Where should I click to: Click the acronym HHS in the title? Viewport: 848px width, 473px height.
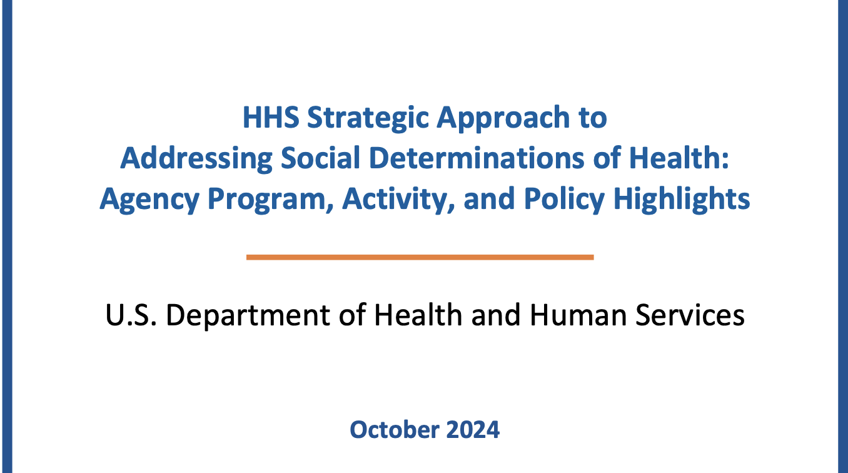271,118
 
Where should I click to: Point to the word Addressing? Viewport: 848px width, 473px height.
196,160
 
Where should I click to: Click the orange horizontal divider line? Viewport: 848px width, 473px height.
420,258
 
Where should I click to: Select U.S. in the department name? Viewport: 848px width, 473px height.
131,315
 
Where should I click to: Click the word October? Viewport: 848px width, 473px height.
393,430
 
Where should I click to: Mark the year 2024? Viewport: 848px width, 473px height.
473,430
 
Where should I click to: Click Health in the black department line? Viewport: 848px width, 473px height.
418,315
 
